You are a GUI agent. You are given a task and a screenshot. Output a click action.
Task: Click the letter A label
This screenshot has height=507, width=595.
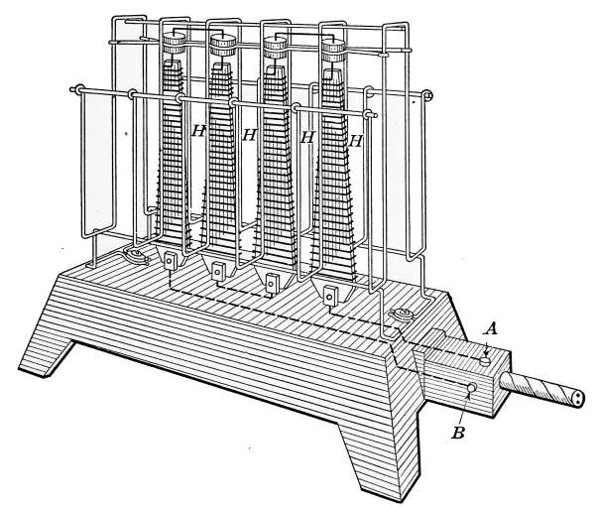tap(490, 329)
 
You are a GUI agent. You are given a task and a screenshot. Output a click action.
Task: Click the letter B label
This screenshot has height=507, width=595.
tap(458, 433)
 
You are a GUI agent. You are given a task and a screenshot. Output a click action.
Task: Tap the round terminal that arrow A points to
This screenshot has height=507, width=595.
tap(485, 360)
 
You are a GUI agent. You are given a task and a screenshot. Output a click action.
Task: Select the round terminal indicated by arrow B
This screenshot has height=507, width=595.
tap(472, 388)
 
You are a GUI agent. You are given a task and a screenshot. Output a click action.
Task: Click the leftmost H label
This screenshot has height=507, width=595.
tap(199, 131)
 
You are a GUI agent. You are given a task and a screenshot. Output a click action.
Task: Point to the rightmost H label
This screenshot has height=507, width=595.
tap(355, 141)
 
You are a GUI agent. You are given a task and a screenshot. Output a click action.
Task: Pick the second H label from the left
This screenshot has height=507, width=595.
tap(249, 135)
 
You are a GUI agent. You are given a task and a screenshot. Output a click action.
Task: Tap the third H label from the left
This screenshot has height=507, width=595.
tap(307, 137)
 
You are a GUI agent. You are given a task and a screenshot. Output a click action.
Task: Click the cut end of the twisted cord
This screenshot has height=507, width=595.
tap(578, 399)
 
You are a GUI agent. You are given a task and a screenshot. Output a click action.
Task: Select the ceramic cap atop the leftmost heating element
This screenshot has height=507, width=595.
tap(174, 43)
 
